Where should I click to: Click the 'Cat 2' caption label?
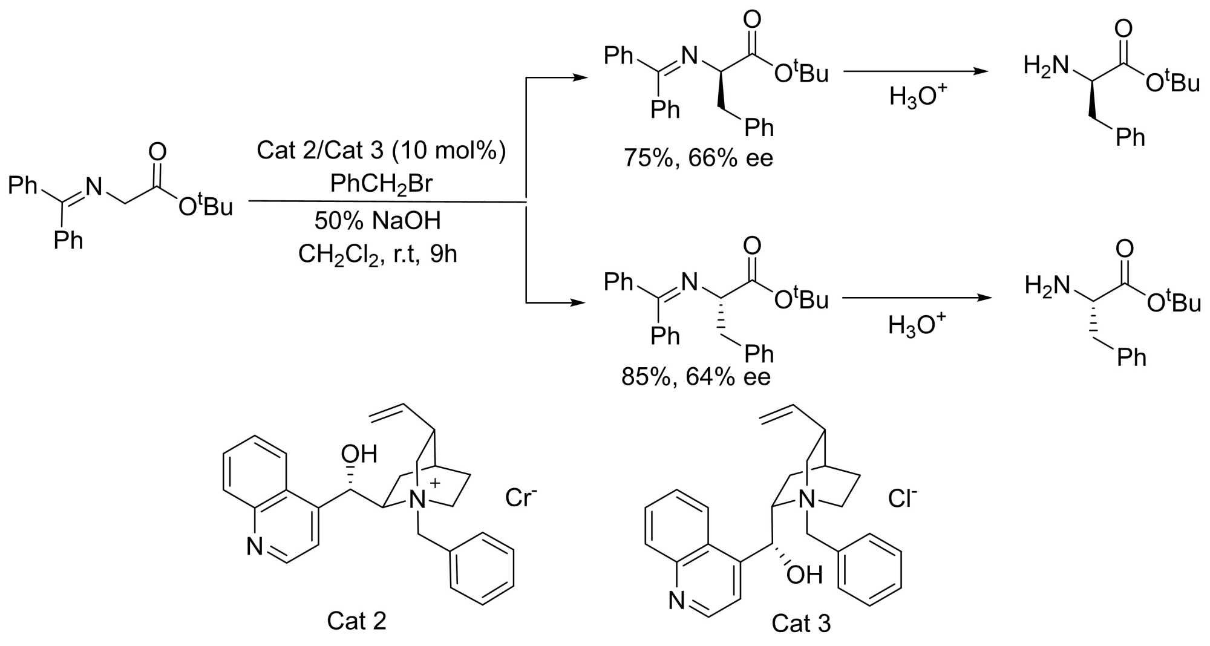click(x=356, y=621)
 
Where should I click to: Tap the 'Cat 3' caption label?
click(x=801, y=623)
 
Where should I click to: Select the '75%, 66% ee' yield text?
click(x=698, y=158)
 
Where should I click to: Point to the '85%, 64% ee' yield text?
click(x=696, y=377)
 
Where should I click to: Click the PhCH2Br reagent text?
click(x=381, y=183)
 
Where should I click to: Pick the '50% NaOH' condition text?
click(x=378, y=221)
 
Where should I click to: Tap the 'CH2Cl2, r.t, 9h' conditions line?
click(x=378, y=255)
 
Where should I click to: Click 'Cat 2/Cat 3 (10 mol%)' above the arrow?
click(x=381, y=150)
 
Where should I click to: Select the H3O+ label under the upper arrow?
click(x=917, y=96)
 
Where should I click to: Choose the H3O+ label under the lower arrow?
click(x=916, y=325)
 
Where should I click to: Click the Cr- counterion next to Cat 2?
click(x=521, y=497)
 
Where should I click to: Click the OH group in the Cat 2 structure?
click(x=359, y=454)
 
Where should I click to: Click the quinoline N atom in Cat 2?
click(x=255, y=546)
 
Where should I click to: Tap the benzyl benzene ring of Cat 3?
click(x=869, y=569)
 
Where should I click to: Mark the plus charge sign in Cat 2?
click(x=434, y=483)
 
